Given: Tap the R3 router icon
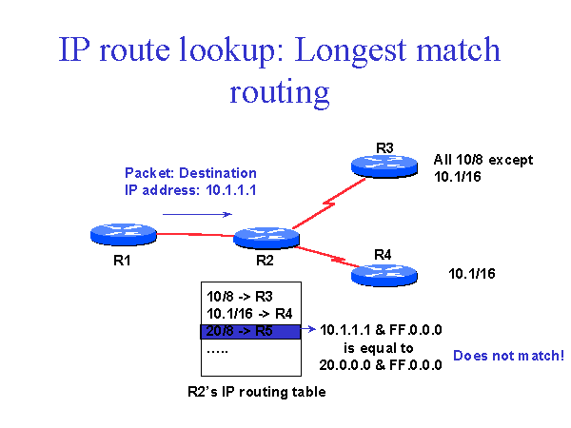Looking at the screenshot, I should tap(384, 164).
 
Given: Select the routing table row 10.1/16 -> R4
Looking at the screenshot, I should tap(249, 313).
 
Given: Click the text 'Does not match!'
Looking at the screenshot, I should tap(508, 356).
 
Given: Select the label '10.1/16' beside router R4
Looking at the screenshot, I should tap(471, 275).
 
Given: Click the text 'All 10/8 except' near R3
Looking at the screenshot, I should tap(483, 160).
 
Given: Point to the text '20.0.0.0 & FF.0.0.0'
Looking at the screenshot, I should tap(383, 364).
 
